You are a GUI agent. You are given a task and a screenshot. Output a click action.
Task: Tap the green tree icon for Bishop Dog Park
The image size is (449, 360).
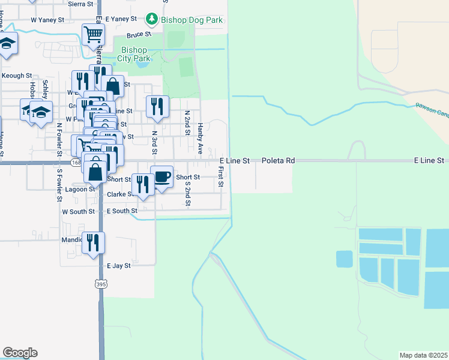152,20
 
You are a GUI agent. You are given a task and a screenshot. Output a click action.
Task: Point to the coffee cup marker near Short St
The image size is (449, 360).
161,176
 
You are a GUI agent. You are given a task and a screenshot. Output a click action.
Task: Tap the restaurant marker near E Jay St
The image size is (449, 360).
93,242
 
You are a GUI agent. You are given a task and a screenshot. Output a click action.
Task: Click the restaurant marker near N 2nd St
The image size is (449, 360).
157,106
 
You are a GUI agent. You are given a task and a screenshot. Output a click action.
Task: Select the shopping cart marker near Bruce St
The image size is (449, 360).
92,34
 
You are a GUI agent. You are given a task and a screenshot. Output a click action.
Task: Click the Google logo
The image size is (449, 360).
20,353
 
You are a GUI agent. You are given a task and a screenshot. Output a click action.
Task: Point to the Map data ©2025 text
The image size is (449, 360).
423,355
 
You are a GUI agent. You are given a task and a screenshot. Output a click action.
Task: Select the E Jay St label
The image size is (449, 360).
118,265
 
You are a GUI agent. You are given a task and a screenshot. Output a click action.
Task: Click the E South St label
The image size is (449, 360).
122,211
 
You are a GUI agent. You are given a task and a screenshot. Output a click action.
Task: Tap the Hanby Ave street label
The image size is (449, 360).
200,136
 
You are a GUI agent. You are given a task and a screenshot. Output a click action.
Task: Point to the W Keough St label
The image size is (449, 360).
16,76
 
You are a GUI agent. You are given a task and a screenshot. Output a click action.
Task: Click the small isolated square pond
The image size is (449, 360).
344,259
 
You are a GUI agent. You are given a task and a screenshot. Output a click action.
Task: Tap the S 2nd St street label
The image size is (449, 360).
188,196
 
